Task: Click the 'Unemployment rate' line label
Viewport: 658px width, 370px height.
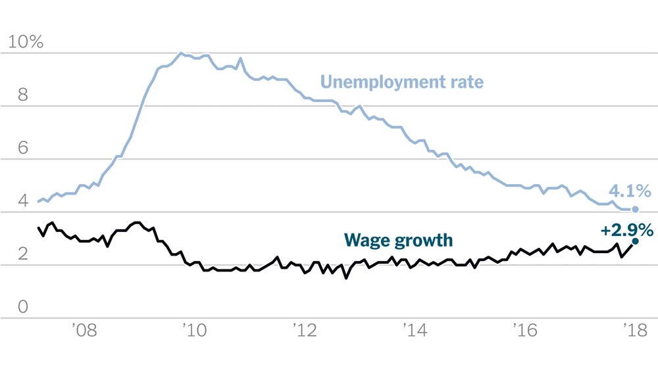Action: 401,82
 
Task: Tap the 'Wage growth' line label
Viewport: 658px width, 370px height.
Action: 399,240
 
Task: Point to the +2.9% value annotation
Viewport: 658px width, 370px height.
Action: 626,230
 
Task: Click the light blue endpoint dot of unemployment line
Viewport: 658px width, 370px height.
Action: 636,209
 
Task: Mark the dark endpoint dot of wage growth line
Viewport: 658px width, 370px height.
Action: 636,241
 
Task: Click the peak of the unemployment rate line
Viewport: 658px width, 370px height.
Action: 181,53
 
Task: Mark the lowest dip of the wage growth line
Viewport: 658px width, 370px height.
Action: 346,277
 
